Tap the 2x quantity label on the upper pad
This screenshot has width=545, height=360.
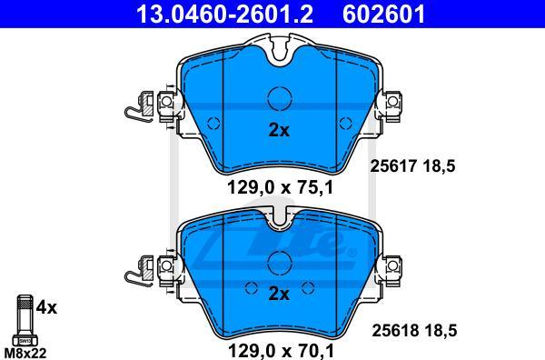pyautogui.click(x=279, y=130)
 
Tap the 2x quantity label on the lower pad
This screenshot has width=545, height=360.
pyautogui.click(x=279, y=293)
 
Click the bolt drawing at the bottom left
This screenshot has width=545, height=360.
pyautogui.click(x=25, y=318)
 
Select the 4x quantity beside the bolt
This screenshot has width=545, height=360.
pyautogui.click(x=46, y=307)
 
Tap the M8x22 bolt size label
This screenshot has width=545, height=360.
pyautogui.click(x=25, y=351)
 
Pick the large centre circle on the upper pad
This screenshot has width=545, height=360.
pyautogui.click(x=279, y=97)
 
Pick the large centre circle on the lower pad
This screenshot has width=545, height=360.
pyautogui.click(x=279, y=263)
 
